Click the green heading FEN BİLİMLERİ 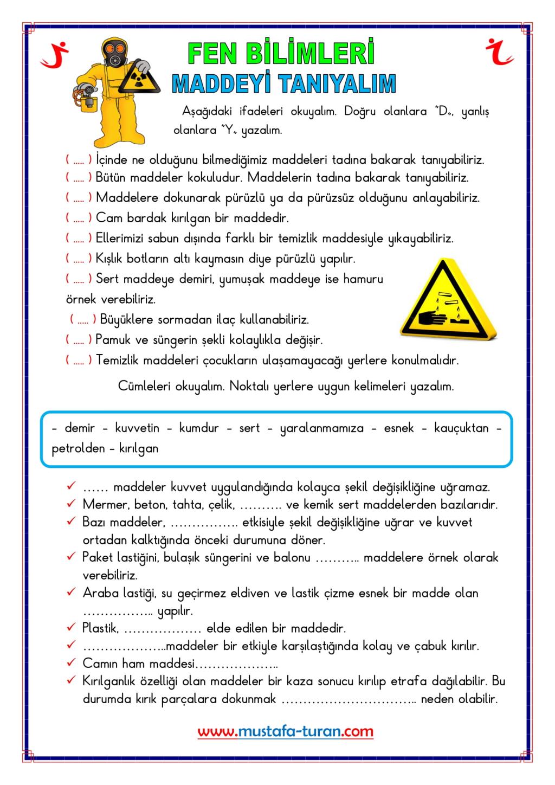point(281,54)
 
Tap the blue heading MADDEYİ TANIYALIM point(283,84)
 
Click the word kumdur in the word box point(199,428)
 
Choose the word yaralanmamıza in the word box point(322,429)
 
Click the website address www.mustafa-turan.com point(286,732)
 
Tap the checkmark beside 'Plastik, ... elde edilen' point(71,628)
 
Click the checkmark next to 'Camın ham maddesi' point(71,663)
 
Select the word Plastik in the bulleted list point(100,628)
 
